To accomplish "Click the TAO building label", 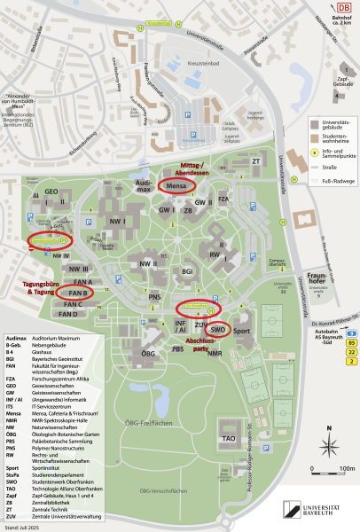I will [228, 438].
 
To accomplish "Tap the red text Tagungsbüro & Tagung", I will [37, 287].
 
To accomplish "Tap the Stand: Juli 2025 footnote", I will [21, 528].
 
